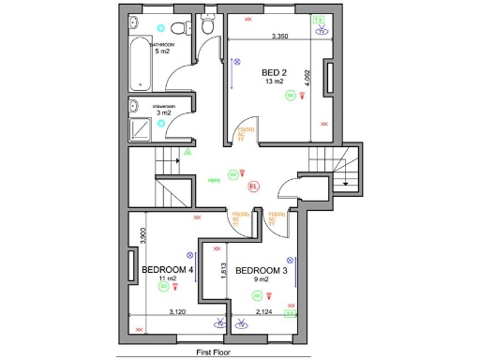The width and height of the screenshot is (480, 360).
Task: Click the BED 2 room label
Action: (274, 73)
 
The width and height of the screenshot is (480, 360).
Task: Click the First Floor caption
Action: (215, 353)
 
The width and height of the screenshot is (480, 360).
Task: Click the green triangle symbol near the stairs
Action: (187, 151)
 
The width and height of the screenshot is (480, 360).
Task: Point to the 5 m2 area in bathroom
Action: (161, 51)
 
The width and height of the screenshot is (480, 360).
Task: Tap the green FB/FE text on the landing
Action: (215, 180)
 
